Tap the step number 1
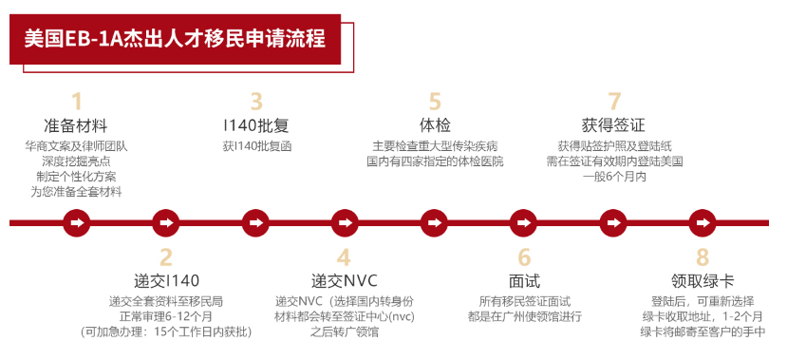[x=77, y=102]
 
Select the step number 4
[x=344, y=257]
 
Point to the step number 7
[x=614, y=102]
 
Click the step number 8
[x=703, y=257]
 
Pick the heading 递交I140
[x=166, y=281]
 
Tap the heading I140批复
[x=256, y=125]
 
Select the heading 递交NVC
[x=344, y=281]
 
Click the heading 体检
[x=435, y=125]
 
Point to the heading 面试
[x=524, y=281]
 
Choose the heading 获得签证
[x=613, y=125]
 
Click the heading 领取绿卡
[x=703, y=281]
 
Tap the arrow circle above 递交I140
[x=166, y=222]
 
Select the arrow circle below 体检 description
[x=435, y=222]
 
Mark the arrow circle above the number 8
[x=703, y=222]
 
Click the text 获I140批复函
[x=256, y=146]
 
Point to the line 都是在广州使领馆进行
[x=524, y=316]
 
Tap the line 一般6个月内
[x=614, y=177]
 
